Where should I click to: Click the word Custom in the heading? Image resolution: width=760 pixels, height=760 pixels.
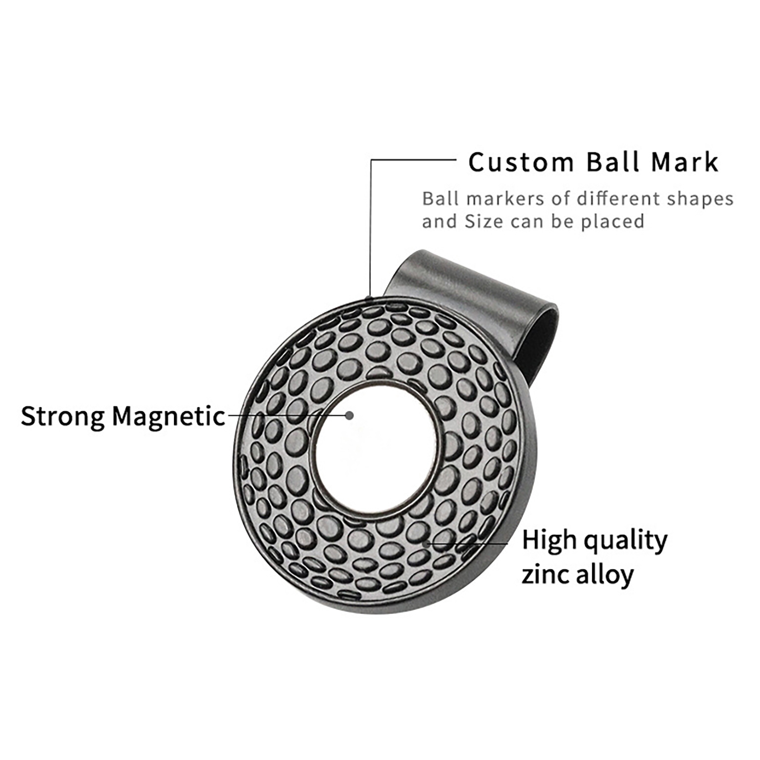tap(521, 162)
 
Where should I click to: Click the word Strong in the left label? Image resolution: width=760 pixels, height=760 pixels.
tap(63, 417)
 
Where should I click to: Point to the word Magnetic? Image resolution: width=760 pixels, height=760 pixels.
tap(169, 416)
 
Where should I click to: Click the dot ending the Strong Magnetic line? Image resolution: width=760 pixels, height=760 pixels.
tap(350, 416)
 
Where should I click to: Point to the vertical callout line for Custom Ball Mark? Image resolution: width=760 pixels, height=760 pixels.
tap(371, 228)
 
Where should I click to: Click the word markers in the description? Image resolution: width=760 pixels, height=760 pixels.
tap(505, 199)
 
